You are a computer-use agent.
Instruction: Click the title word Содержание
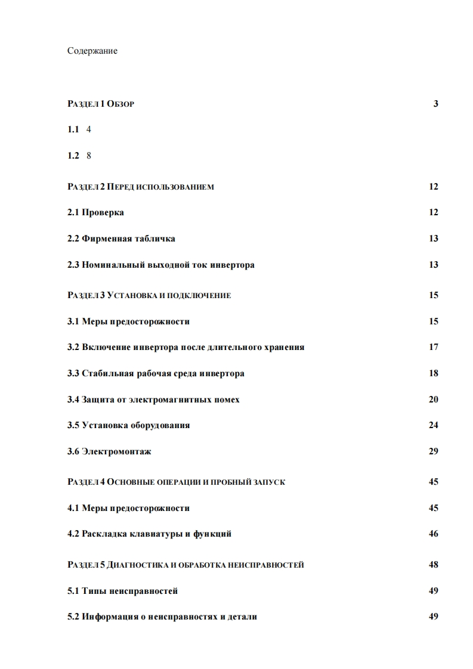click(x=92, y=51)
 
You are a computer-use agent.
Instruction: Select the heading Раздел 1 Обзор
click(x=100, y=104)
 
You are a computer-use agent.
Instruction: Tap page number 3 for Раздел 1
click(x=435, y=104)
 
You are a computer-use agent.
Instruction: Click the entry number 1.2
click(x=73, y=156)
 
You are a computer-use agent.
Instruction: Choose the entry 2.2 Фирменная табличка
click(x=121, y=239)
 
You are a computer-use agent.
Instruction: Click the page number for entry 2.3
click(x=433, y=265)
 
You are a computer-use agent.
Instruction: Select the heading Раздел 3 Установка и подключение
click(x=149, y=295)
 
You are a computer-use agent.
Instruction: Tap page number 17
click(x=433, y=347)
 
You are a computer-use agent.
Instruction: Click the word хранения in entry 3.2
click(x=284, y=347)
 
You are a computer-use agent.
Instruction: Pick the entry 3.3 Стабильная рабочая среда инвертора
click(x=156, y=373)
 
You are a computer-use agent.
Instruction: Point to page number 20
click(x=433, y=399)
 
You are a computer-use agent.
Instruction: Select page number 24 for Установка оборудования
click(x=433, y=425)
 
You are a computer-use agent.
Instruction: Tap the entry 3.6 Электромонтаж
click(x=109, y=451)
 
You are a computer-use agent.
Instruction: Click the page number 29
click(x=433, y=451)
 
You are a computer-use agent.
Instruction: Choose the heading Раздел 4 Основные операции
click(x=176, y=482)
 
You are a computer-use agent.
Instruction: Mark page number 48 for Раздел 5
click(x=433, y=565)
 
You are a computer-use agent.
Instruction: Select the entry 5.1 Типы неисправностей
click(x=122, y=591)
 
